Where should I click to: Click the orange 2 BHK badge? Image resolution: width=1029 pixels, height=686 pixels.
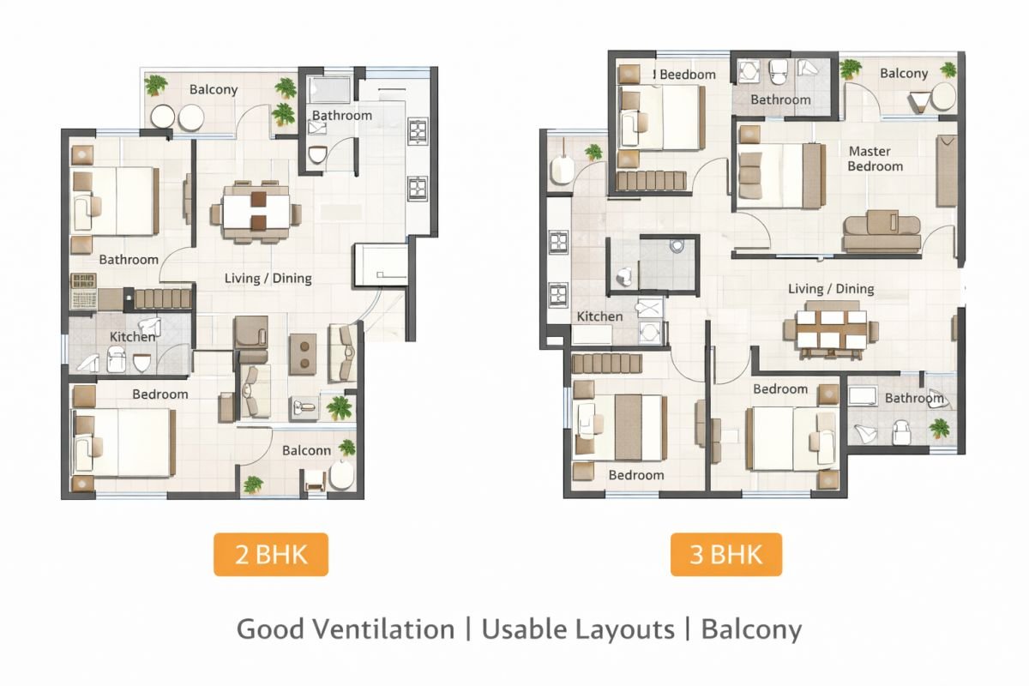271,555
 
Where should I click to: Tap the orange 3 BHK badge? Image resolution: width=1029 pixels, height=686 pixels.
725,554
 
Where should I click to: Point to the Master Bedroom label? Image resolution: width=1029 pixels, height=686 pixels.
875,159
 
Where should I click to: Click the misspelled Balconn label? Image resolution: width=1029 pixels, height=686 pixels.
306,450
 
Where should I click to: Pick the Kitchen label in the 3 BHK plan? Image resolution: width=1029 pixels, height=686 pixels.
599,316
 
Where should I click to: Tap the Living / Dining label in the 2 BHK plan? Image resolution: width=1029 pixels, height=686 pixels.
268,278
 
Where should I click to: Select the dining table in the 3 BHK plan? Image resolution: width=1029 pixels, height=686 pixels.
831,329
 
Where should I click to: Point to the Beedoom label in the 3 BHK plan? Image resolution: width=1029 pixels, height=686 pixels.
686,75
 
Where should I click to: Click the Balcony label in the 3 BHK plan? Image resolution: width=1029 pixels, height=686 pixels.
904,74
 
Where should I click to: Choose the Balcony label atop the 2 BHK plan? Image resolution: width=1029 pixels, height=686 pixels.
214,89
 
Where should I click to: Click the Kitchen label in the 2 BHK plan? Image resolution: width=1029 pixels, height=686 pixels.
132,337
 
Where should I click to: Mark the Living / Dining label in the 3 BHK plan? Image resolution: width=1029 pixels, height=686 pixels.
831,289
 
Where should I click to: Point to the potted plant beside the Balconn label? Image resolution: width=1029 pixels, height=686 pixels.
346,447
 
